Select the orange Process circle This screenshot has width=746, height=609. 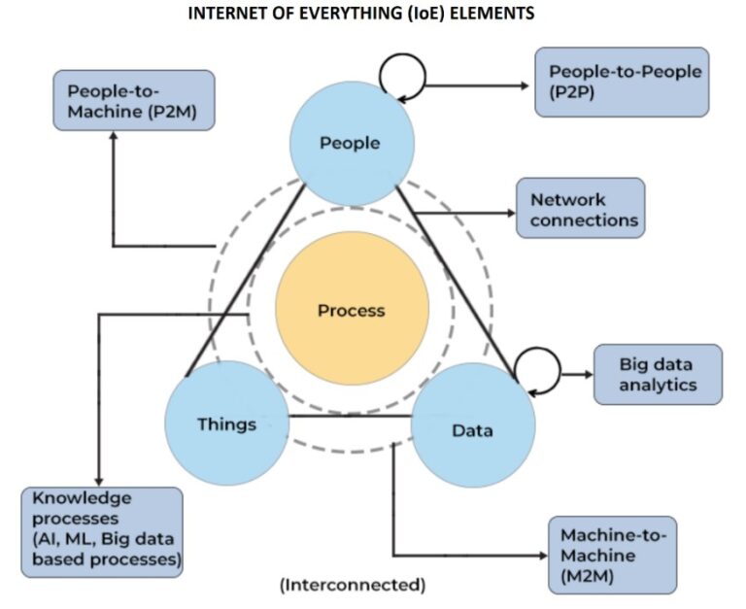coord(352,311)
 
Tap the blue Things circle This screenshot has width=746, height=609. coord(226,424)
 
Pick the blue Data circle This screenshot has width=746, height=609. coord(473,428)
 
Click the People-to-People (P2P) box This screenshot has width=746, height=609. coord(623,83)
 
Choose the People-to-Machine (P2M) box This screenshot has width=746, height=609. coord(133,99)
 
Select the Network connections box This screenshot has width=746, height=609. coord(581,209)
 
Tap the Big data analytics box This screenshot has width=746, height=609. coord(658,374)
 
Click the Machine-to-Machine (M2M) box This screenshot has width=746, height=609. coord(612,555)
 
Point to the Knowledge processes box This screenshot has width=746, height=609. coord(102,530)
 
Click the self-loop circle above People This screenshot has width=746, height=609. coord(401,72)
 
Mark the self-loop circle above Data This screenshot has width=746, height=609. coord(536,367)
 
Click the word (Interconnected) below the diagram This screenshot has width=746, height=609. coord(352,586)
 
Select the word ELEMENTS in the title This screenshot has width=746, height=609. coord(492,14)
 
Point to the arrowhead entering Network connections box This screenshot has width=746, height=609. coord(511,215)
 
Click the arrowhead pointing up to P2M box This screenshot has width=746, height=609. coord(114,136)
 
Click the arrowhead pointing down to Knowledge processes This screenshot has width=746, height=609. coord(97,480)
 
